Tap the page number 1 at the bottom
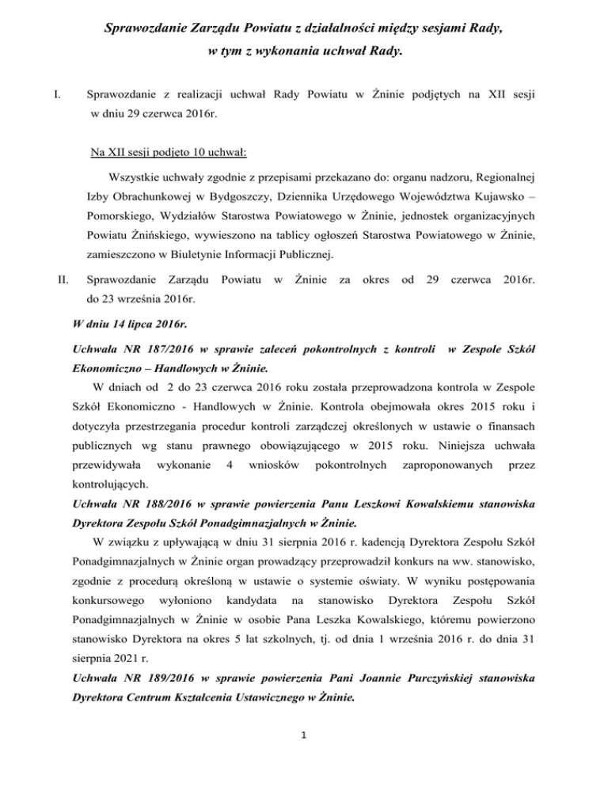pos(304,755)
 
